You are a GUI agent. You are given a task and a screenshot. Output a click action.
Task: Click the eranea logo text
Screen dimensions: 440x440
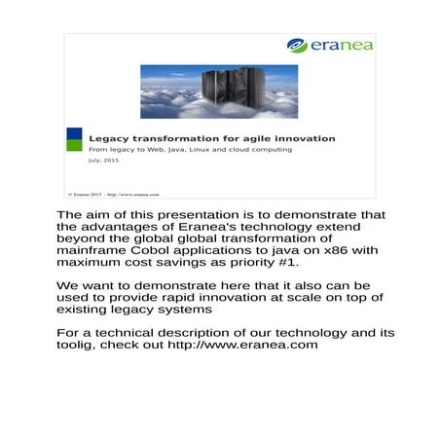341,46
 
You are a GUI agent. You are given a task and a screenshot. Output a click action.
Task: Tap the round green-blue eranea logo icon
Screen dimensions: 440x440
297,46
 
